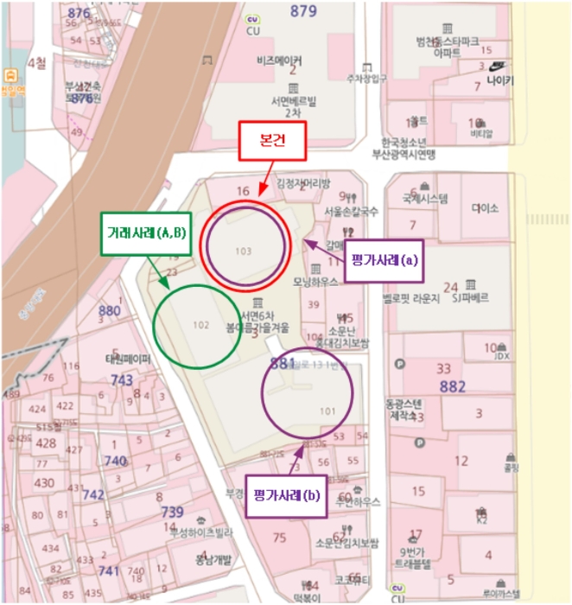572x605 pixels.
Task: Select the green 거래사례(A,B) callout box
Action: (144, 233)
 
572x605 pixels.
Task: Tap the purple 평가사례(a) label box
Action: (384, 260)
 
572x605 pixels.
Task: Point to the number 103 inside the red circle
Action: (243, 251)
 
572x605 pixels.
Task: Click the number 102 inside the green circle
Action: (201, 325)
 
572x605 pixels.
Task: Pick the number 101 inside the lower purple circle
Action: (327, 411)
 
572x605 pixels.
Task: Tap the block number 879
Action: (303, 11)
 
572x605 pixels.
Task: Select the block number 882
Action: (453, 385)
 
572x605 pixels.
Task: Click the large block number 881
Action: (283, 363)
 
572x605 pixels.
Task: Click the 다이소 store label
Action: (486, 208)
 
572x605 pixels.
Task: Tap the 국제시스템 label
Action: (425, 198)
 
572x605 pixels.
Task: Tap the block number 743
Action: (122, 379)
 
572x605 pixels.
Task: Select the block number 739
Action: (172, 512)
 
